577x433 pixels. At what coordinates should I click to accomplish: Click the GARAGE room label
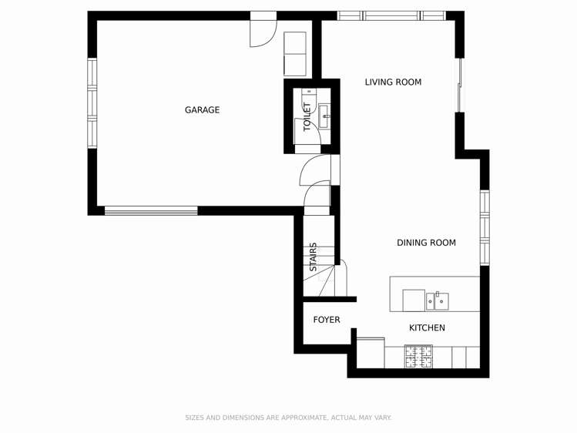[x=202, y=110]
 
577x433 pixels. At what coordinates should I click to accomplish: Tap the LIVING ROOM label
[x=393, y=82]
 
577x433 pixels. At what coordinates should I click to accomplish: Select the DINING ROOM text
[x=426, y=243]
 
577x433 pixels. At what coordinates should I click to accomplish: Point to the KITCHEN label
[x=427, y=328]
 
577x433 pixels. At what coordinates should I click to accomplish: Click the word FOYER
[x=326, y=320]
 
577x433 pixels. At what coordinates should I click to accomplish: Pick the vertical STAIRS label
[x=314, y=257]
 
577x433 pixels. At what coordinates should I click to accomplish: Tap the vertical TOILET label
[x=307, y=116]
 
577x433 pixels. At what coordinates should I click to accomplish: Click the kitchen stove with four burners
[x=418, y=357]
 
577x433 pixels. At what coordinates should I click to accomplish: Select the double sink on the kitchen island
[x=437, y=300]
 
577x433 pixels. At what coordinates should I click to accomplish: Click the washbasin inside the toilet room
[x=324, y=116]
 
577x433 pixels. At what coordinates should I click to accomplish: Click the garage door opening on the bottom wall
[x=151, y=210]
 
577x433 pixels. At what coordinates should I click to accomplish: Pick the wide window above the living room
[x=391, y=15]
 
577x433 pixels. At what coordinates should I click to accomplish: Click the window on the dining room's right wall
[x=485, y=227]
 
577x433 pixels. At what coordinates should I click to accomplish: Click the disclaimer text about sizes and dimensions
[x=288, y=418]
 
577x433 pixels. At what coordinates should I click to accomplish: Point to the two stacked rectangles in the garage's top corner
[x=295, y=54]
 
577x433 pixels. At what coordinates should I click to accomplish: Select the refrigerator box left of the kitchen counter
[x=371, y=353]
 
